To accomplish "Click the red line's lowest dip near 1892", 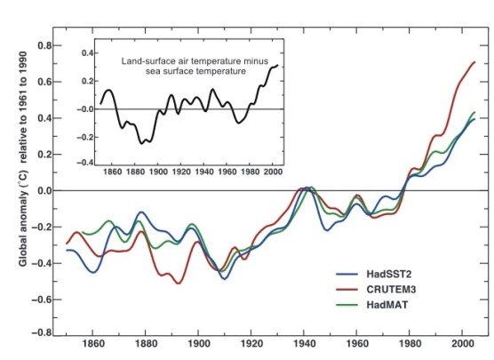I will click(179, 284).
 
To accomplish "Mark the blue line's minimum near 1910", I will click(223, 278).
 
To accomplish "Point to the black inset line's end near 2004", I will click(277, 66).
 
